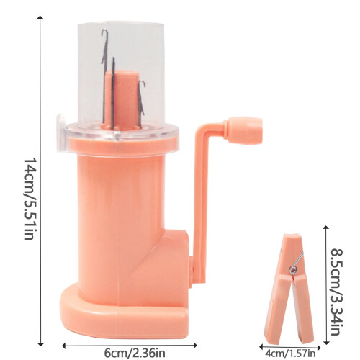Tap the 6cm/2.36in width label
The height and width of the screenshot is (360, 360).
point(135,353)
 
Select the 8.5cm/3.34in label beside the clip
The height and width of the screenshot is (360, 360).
point(336,292)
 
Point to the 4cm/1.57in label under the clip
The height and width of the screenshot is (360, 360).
point(290,354)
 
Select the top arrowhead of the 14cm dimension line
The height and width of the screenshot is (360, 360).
point(41,17)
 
